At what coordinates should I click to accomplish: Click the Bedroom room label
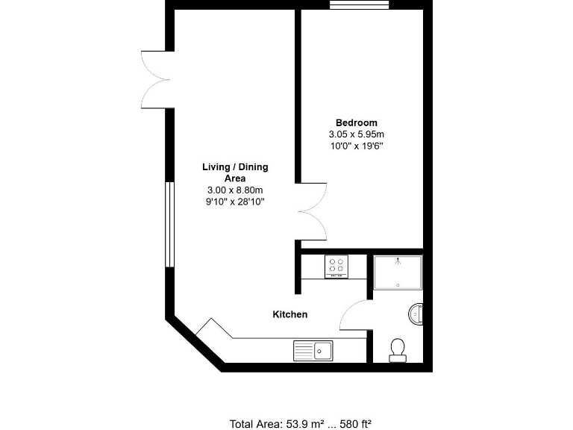pos(356,122)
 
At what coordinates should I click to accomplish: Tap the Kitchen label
pos(289,314)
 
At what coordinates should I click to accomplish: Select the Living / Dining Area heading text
pos(235,172)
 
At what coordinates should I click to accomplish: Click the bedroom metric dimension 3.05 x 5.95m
pos(356,134)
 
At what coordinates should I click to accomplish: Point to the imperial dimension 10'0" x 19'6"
pos(356,146)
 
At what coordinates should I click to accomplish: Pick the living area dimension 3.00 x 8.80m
pos(235,190)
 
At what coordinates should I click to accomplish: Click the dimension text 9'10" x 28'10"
pos(235,202)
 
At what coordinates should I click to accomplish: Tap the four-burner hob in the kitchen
pos(336,267)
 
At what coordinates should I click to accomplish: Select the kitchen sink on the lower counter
pos(313,349)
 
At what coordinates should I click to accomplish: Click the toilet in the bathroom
pos(398,349)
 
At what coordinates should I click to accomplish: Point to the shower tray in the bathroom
pos(398,272)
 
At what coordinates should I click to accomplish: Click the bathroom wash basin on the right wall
pos(416,314)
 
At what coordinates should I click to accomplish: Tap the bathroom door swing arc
pos(354,314)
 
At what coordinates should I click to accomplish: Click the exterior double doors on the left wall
pos(157,79)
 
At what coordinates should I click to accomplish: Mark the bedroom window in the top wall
pos(359,4)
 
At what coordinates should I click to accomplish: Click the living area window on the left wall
pos(169,224)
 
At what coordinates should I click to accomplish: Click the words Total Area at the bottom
pos(255,424)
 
